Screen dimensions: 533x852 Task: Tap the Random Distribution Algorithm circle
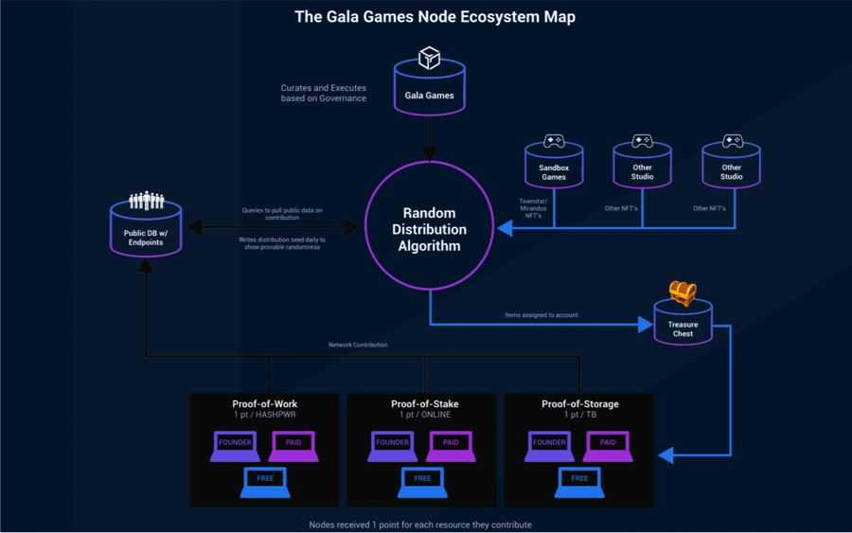(x=430, y=228)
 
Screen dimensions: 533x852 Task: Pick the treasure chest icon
(x=683, y=293)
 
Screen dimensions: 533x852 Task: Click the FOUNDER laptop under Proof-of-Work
(x=235, y=444)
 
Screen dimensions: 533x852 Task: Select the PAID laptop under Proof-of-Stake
(x=450, y=444)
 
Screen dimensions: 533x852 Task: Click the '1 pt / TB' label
(x=579, y=416)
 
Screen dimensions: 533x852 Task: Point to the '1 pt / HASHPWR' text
(x=265, y=416)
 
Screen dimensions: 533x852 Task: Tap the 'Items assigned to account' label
(x=541, y=315)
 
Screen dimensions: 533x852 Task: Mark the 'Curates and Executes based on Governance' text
(x=323, y=93)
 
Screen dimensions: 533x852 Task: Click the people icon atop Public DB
(x=147, y=201)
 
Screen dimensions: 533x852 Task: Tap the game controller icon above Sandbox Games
(x=554, y=141)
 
